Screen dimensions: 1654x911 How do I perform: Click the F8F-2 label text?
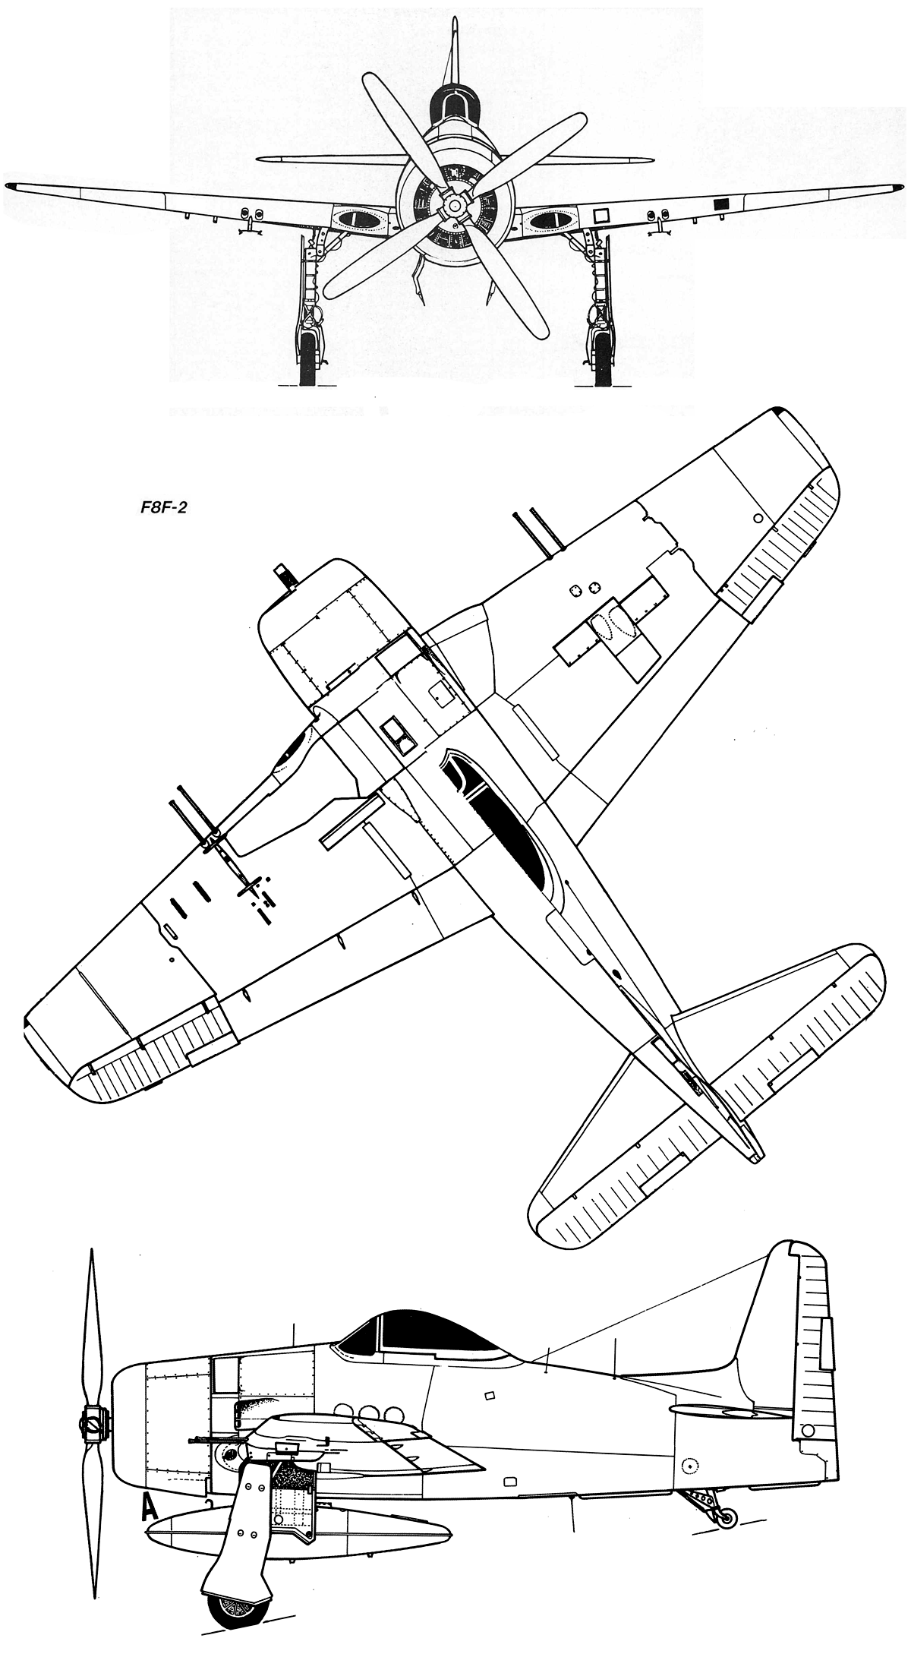[159, 507]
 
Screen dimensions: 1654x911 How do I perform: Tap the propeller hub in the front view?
[454, 205]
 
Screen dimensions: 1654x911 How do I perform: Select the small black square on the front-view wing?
[721, 203]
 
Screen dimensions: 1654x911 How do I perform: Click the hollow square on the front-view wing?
[601, 215]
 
